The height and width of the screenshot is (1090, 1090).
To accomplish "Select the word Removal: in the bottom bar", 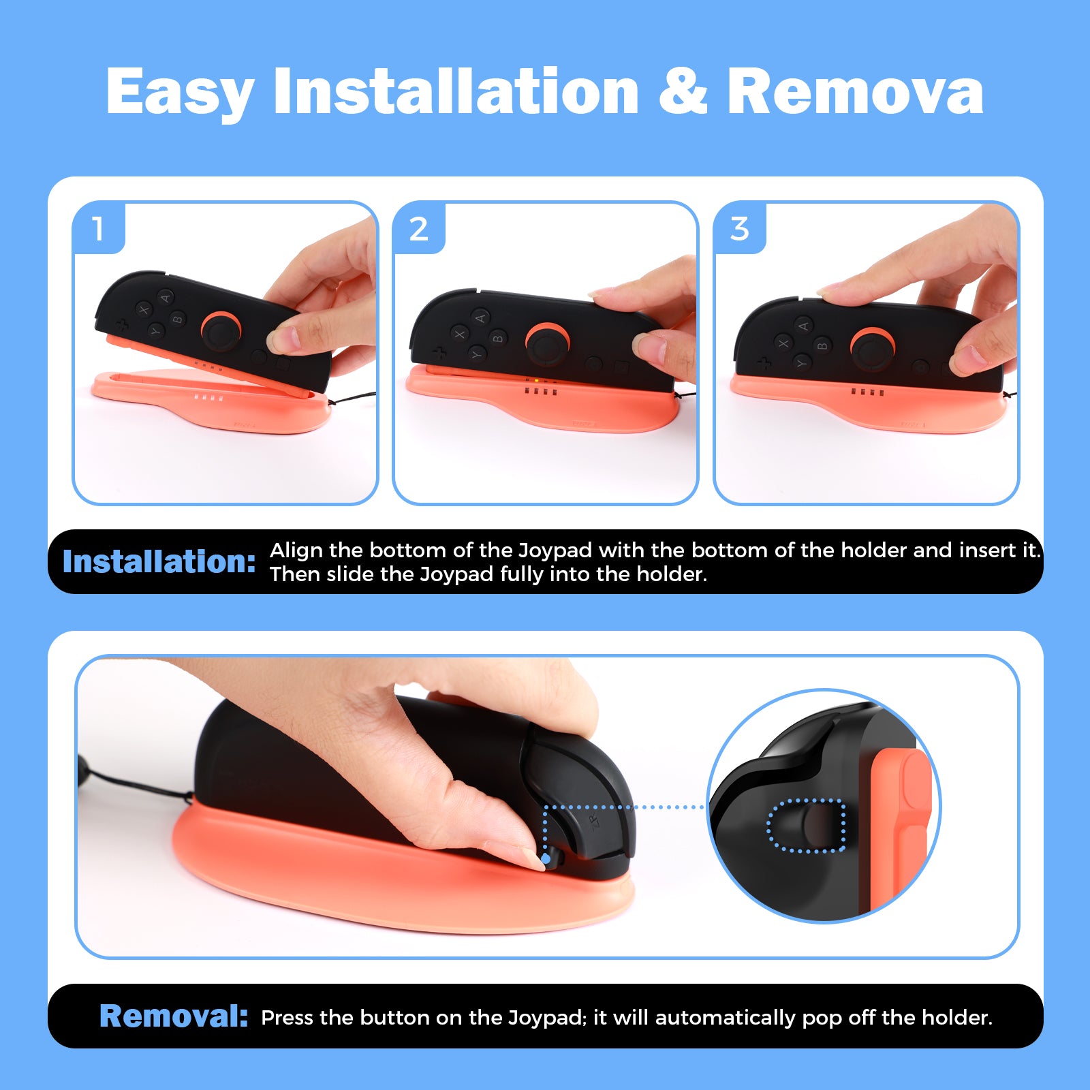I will (x=174, y=1016).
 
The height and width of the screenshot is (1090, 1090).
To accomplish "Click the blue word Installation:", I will (x=159, y=562).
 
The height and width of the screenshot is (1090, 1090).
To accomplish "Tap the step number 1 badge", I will (x=98, y=229).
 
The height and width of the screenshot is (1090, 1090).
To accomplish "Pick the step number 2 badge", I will (x=418, y=229).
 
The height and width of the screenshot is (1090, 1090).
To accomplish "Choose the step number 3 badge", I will (x=739, y=229).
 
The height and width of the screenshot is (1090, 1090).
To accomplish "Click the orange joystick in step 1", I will (x=220, y=330).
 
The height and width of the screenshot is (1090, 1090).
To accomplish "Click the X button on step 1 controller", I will (x=144, y=311).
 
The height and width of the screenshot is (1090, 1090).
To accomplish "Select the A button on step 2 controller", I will (x=480, y=318).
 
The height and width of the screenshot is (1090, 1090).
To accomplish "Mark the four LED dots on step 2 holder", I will (x=541, y=392).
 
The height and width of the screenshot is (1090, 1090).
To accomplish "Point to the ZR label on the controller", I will (x=593, y=821).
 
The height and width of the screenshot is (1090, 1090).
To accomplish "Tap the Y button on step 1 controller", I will (x=155, y=331).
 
